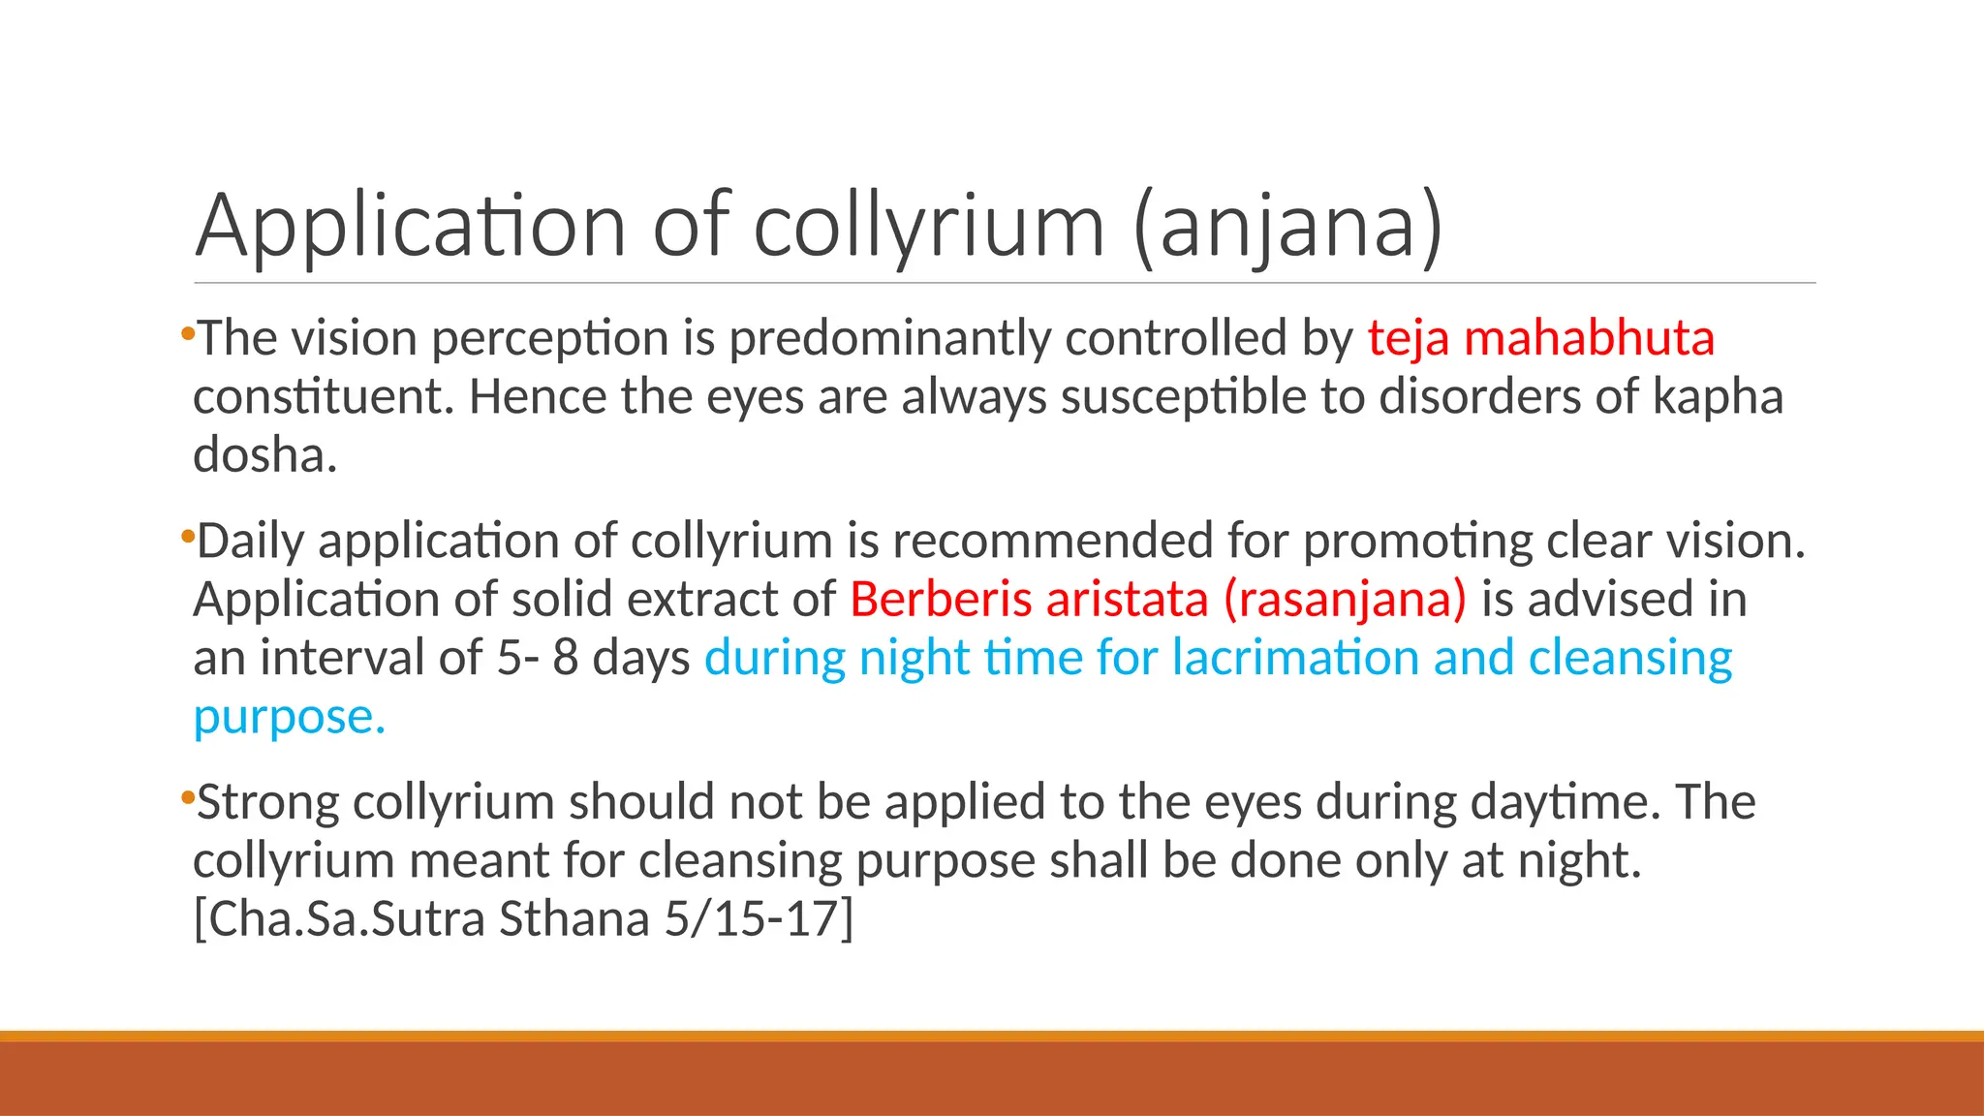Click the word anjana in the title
point(1287,226)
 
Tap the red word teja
point(1409,339)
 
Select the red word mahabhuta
point(1589,339)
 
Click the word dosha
point(264,455)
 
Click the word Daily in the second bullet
point(251,541)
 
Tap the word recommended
point(1052,541)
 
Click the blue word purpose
point(289,717)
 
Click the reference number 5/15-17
point(759,918)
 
